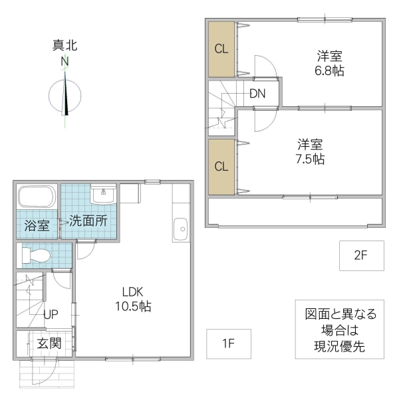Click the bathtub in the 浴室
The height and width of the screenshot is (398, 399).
(37, 198)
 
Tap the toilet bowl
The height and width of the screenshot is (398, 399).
(41, 255)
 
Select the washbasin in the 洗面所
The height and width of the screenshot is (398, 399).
(102, 195)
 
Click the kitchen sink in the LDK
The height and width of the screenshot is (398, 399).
(181, 230)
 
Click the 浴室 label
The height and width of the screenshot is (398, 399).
(37, 225)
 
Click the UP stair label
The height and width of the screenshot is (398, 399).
(51, 315)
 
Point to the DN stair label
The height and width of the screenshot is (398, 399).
(257, 94)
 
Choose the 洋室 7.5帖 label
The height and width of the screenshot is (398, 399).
(311, 151)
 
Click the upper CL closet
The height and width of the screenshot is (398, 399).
(221, 49)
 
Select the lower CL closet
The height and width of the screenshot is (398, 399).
(221, 166)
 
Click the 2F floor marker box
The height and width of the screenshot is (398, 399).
(361, 256)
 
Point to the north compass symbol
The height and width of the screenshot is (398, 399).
(66, 94)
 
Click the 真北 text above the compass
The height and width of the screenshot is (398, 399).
(65, 46)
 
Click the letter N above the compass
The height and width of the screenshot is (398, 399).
(65, 61)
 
